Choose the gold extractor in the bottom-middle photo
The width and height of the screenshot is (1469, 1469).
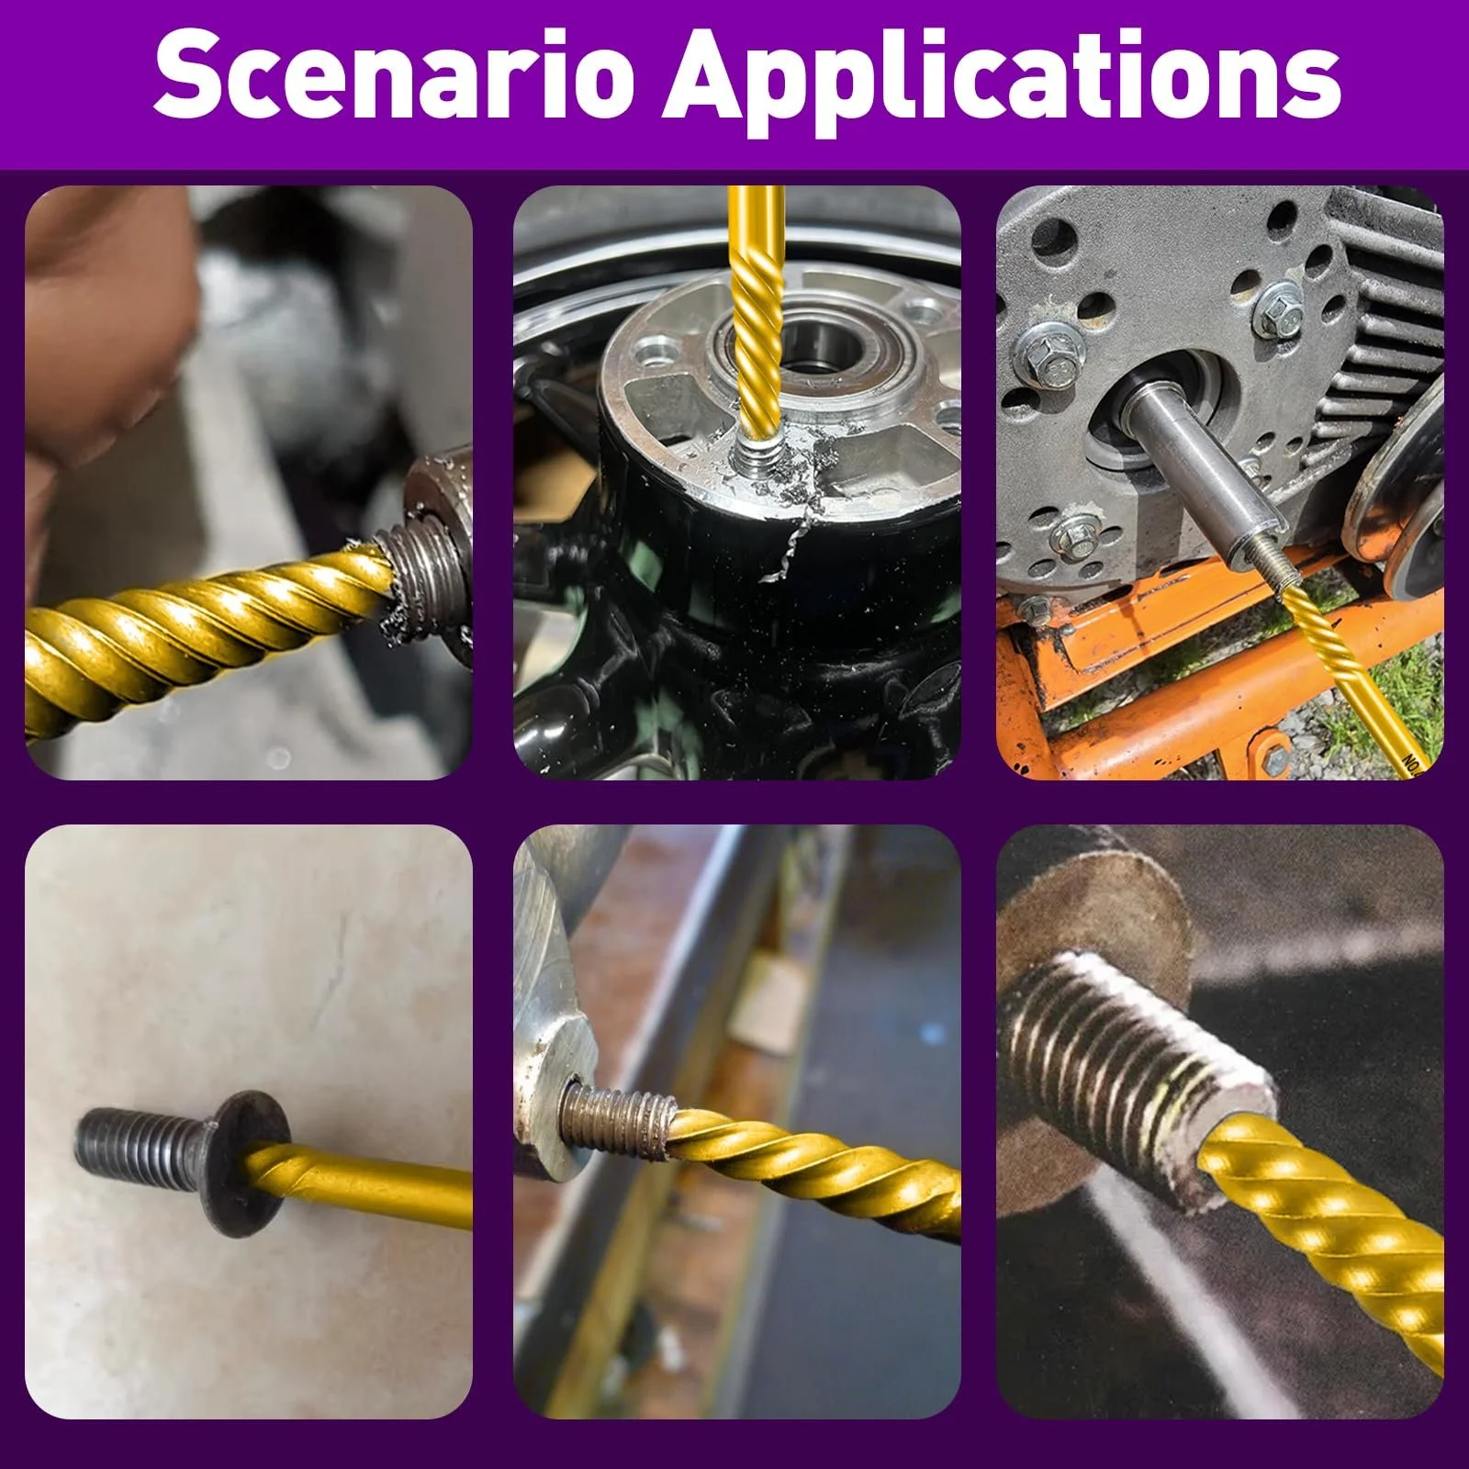tap(808, 1167)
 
